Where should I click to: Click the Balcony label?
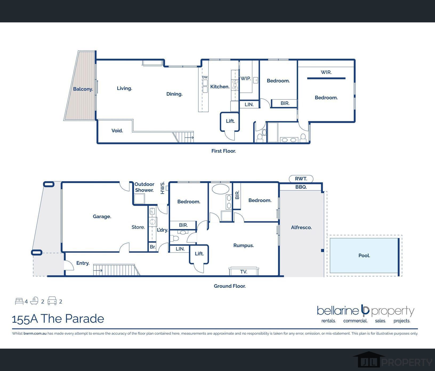click(x=83, y=89)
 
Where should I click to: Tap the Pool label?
click(x=364, y=255)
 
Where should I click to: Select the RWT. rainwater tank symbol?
click(x=301, y=179)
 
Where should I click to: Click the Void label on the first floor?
click(x=117, y=131)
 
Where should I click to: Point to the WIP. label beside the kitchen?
click(x=246, y=79)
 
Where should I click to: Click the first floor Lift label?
click(x=231, y=121)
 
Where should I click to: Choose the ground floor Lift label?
click(x=199, y=254)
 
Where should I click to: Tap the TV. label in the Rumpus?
click(x=244, y=272)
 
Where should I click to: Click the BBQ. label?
click(x=301, y=187)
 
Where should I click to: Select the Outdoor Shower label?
click(x=144, y=187)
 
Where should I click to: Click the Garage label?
click(x=102, y=217)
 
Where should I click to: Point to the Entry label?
click(x=83, y=263)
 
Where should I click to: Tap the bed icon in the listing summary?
click(x=19, y=301)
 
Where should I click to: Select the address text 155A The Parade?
click(x=58, y=319)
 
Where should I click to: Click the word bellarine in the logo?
click(x=338, y=311)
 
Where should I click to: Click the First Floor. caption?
click(x=224, y=151)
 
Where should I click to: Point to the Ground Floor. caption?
click(x=230, y=286)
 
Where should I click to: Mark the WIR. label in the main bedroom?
click(x=326, y=72)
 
